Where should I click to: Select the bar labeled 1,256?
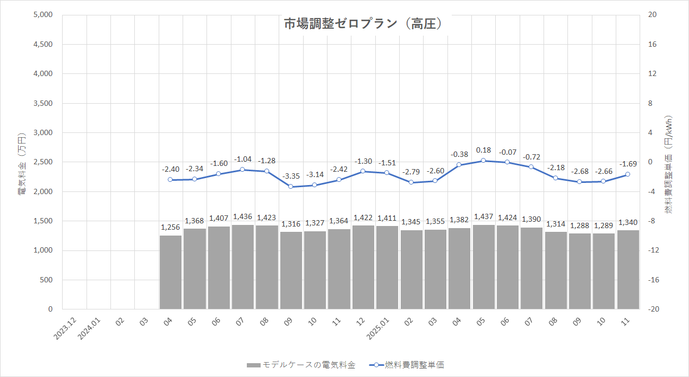click(170, 272)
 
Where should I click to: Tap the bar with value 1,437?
click(484, 267)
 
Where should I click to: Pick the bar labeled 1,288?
click(580, 271)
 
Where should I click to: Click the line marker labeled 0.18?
click(484, 161)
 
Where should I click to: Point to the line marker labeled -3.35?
click(291, 187)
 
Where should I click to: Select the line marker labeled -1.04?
click(243, 170)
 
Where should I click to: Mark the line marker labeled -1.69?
click(628, 174)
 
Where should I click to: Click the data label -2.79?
click(411, 172)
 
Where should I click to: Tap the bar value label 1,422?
click(363, 218)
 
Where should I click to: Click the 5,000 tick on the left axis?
click(43, 15)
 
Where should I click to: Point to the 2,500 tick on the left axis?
click(43, 162)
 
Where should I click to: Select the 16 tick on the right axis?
click(653, 44)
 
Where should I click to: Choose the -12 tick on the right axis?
click(653, 250)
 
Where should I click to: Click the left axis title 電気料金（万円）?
click(22, 162)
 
